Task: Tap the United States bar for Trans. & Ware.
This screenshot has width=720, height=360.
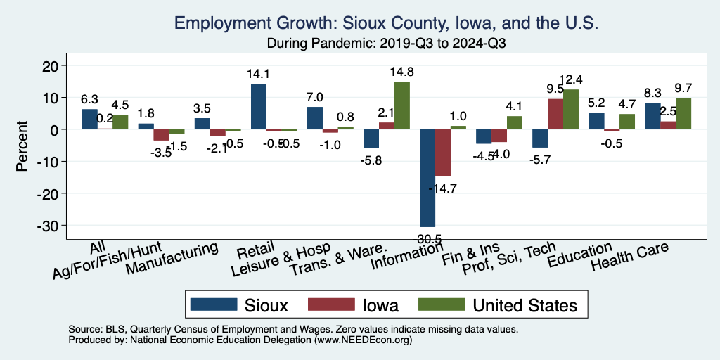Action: click(x=401, y=105)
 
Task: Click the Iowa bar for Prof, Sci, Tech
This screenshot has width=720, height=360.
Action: click(x=555, y=114)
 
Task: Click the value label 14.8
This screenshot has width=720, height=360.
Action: click(x=401, y=72)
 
